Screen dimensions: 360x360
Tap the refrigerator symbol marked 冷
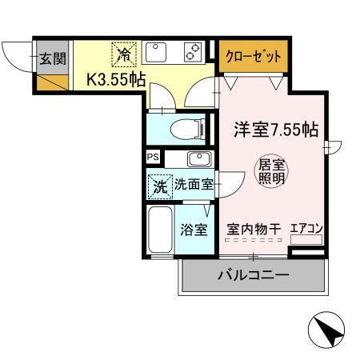point(124,54)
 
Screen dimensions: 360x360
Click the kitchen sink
point(155,54)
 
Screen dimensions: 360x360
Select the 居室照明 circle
point(270,172)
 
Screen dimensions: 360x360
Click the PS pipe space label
point(153,157)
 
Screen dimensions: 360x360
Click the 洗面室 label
point(193,184)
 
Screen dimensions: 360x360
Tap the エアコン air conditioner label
point(306,229)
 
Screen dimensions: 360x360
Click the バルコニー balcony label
point(254,276)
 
